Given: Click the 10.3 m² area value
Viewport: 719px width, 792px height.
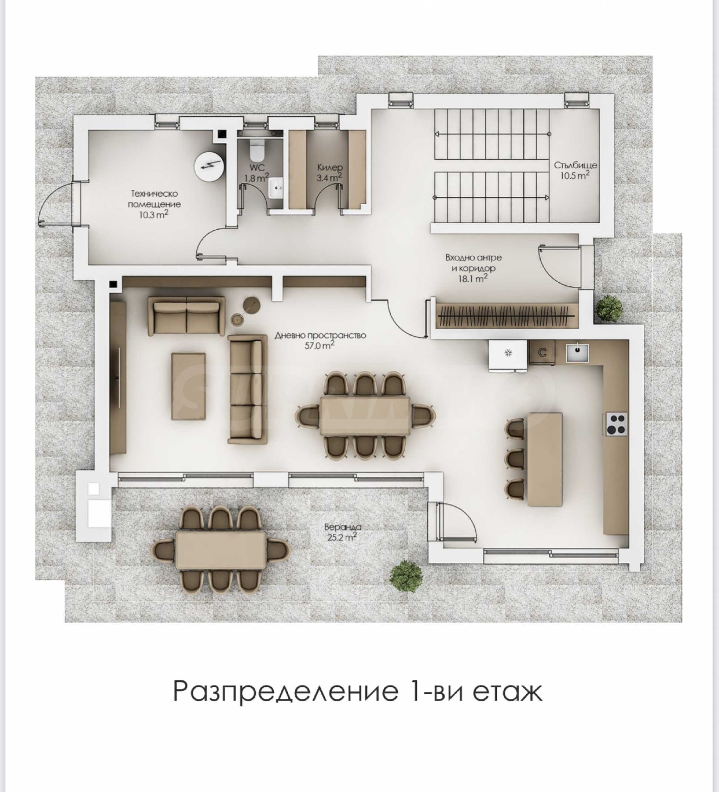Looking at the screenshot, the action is point(154,215).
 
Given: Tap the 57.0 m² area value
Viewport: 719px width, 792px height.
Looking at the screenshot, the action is point(320,345).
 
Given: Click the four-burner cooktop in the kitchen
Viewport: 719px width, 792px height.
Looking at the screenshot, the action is point(616,424).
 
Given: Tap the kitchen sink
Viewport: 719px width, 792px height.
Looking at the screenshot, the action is point(577,352).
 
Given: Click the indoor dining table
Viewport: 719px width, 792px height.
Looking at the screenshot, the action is point(365,415).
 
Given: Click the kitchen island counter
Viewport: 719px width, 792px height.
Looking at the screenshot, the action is point(545,459).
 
